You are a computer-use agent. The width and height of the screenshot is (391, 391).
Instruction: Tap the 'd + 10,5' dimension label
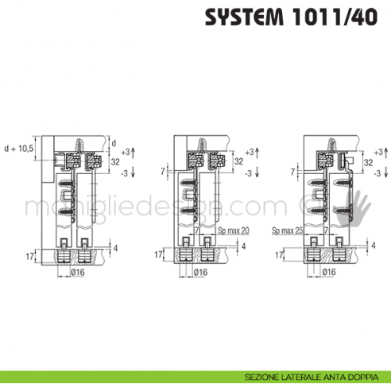(x=19, y=149)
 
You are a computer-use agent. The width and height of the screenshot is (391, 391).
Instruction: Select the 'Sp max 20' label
(x=233, y=231)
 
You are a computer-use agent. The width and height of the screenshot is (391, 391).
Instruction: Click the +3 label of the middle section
(x=251, y=151)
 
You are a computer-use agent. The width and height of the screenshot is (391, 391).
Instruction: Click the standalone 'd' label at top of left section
(x=114, y=143)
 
